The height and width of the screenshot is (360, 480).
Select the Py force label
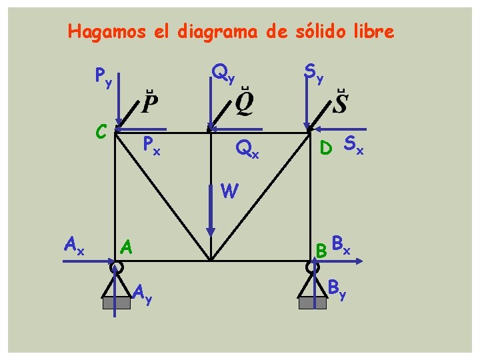pyautogui.click(x=103, y=78)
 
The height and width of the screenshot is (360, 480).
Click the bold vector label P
pyautogui.click(x=150, y=103)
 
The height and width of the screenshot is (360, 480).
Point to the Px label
pyautogui.click(x=153, y=144)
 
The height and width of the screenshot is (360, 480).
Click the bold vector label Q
pyautogui.click(x=244, y=103)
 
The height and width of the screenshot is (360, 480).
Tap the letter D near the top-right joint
pyautogui.click(x=326, y=145)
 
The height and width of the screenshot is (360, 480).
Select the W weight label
pyautogui.click(x=229, y=192)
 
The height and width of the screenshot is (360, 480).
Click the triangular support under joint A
pyautogui.click(x=117, y=290)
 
